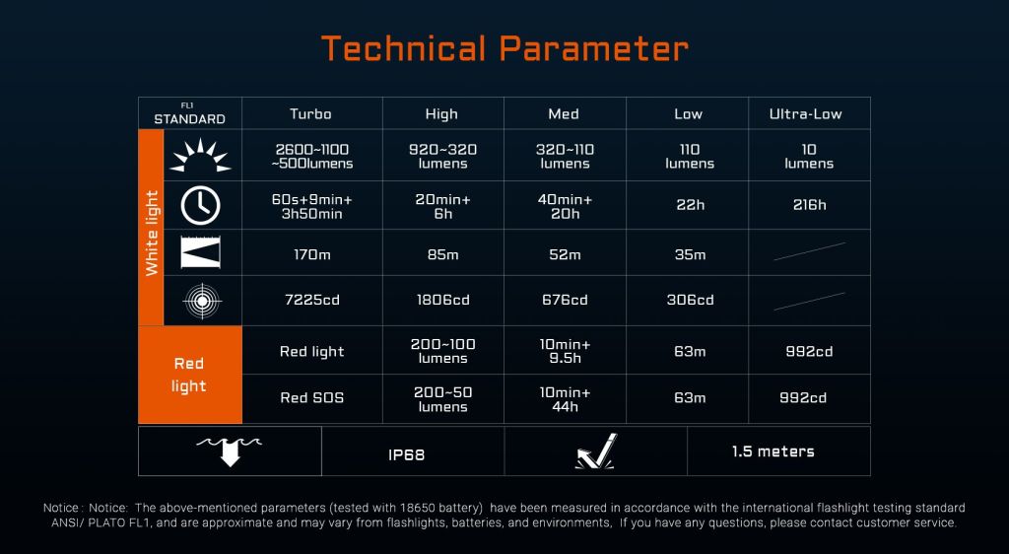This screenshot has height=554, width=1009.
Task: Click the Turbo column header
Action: click(310, 114)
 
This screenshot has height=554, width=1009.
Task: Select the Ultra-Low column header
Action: click(806, 114)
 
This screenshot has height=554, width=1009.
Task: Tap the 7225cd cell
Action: click(312, 300)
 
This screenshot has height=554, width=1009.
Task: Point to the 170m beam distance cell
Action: click(312, 254)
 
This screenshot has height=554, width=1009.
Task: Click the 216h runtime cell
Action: click(810, 205)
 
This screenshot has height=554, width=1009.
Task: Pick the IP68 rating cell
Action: click(407, 454)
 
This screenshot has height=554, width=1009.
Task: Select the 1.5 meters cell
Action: click(773, 451)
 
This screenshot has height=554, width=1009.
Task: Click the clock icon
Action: click(201, 206)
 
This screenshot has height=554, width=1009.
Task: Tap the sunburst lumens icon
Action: click(200, 155)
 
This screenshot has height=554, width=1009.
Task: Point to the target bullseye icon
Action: click(202, 301)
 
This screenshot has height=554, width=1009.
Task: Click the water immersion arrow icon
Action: click(230, 450)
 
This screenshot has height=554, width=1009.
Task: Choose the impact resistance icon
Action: click(596, 451)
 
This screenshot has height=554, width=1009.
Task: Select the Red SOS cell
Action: click(312, 397)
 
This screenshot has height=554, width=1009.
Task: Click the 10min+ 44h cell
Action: click(565, 399)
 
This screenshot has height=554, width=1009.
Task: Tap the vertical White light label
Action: click(152, 233)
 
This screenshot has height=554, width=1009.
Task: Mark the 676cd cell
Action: click(565, 300)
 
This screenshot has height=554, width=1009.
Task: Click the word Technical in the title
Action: click(403, 49)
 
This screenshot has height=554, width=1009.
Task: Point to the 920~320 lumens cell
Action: click(443, 157)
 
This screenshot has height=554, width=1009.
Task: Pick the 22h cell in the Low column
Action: click(691, 205)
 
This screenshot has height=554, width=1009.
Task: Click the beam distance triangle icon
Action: click(201, 252)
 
